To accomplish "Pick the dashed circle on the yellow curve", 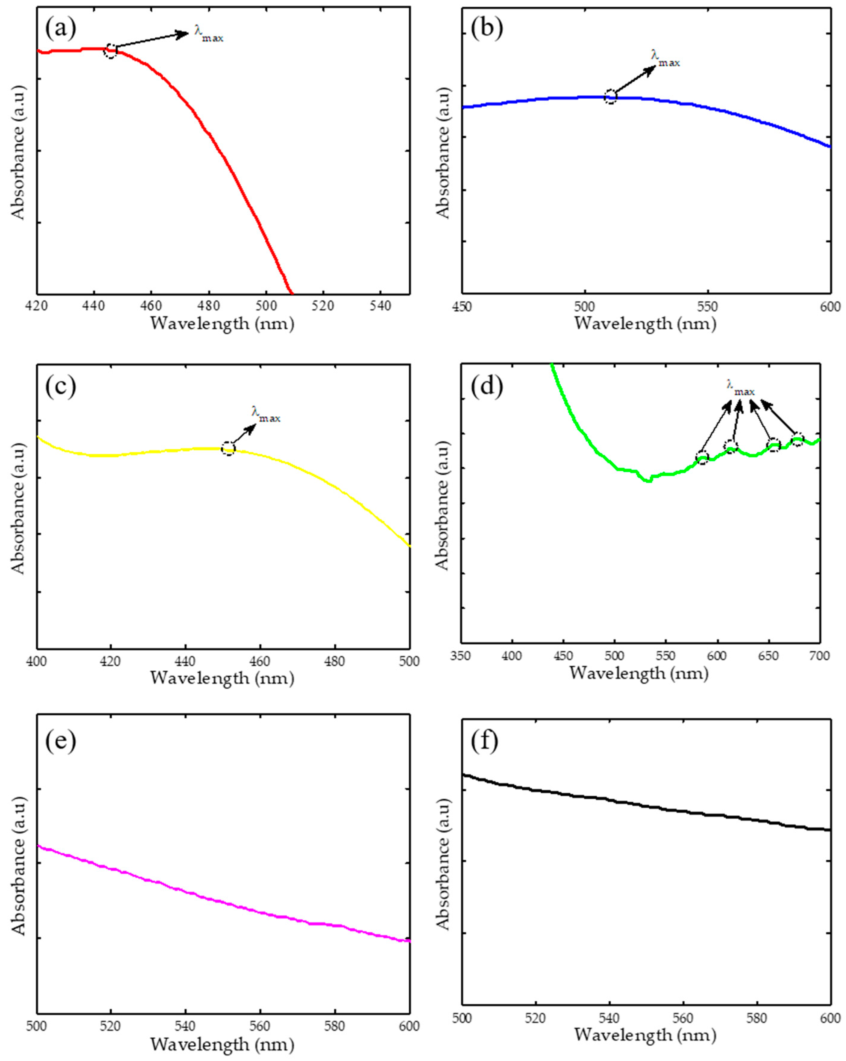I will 228,448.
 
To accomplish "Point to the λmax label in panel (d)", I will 740,387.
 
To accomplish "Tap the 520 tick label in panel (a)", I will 323,306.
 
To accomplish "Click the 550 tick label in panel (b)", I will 707,307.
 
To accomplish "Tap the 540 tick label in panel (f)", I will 610,1019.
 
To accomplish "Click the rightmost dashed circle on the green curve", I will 797,439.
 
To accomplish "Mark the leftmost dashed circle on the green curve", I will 702,458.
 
